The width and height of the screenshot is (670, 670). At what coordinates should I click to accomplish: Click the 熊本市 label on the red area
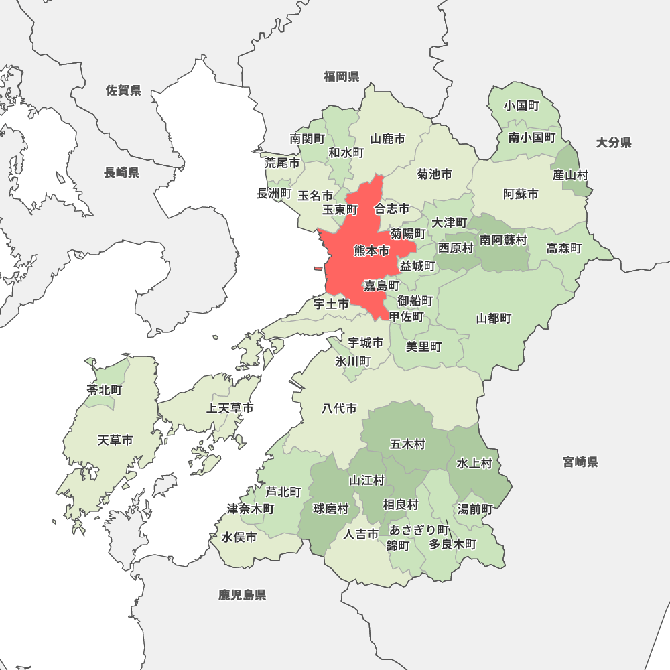371,251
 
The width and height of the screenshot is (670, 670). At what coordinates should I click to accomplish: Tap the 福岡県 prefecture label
342,76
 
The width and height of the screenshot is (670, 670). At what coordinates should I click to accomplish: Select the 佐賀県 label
124,90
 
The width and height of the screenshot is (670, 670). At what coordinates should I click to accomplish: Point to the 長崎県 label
121,173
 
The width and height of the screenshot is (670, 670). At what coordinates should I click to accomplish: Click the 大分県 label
614,142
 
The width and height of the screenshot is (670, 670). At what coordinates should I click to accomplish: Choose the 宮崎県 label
580,462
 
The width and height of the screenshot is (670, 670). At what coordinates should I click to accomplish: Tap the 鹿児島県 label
242,594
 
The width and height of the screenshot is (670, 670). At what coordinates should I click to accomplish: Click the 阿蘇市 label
521,194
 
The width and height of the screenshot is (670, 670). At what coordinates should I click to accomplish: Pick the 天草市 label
115,440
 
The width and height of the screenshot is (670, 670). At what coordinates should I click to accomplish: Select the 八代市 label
339,408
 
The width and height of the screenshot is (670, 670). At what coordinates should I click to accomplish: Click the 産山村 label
571,175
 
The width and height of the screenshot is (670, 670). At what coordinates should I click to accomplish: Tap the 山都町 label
494,318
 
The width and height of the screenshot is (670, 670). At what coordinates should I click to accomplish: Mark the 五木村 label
407,444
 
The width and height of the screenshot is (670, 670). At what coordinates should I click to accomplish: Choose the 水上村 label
474,463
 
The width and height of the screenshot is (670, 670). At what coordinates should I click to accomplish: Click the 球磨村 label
331,509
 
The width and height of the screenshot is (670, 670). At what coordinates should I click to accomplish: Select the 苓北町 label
105,389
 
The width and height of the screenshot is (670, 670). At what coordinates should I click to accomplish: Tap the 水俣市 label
239,537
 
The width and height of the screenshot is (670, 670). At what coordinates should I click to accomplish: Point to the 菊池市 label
434,174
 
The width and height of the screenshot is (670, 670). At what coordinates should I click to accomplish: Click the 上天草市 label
230,408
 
